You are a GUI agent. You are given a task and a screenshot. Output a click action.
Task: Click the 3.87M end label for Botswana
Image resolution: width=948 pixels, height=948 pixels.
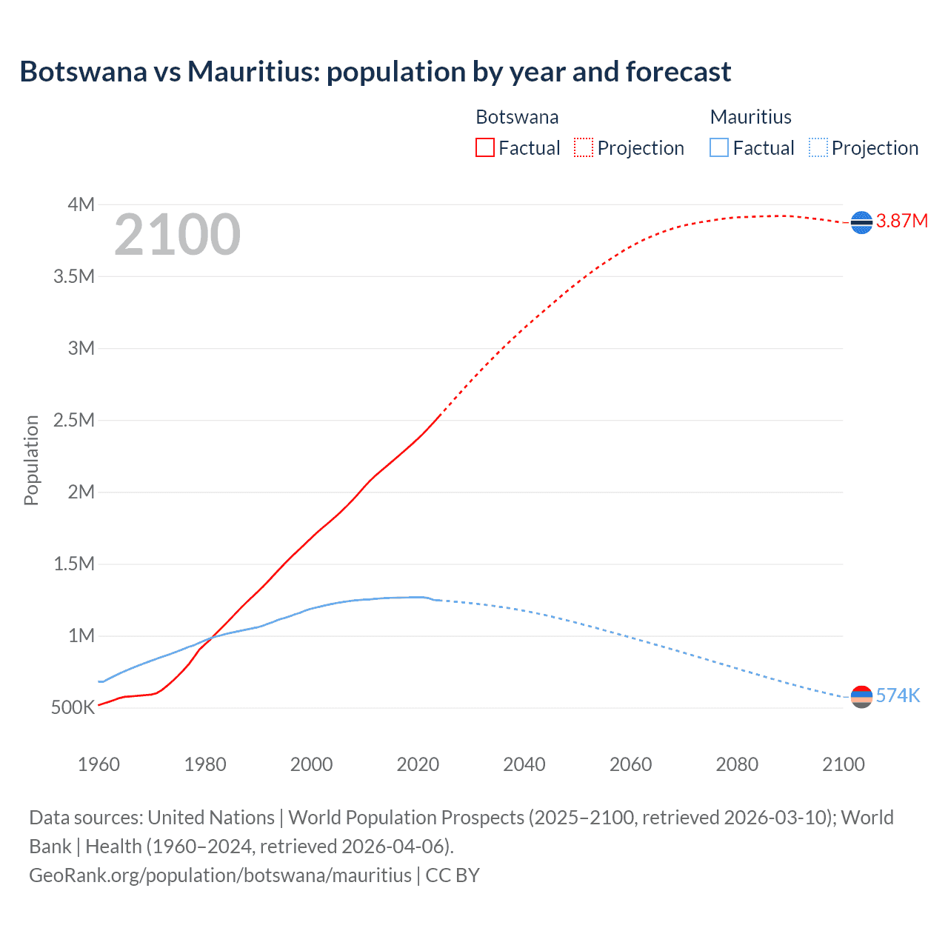coord(901,221)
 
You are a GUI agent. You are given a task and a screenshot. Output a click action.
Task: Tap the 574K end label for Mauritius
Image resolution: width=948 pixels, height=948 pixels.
coord(898,695)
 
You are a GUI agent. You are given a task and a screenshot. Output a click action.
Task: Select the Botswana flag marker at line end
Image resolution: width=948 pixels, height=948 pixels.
coord(861,222)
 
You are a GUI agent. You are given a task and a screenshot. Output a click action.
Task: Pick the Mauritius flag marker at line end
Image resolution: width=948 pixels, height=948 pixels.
coord(861,696)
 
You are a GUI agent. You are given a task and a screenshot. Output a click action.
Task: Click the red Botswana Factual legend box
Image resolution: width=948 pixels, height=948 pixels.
coord(485,147)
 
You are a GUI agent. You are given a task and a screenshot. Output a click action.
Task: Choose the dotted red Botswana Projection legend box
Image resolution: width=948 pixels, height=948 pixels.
coord(584,147)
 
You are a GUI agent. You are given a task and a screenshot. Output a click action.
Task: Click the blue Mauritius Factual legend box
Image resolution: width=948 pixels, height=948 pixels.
coord(719,147)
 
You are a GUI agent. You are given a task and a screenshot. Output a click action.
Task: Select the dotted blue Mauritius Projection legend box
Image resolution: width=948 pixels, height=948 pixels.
coord(818,147)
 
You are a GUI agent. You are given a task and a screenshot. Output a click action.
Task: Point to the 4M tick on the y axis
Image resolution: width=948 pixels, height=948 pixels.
coord(81,204)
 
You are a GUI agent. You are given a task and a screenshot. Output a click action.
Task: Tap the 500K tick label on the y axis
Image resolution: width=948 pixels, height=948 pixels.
coord(73,707)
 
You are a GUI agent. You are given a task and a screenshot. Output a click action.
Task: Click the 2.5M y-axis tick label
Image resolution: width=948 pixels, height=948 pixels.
coord(74,420)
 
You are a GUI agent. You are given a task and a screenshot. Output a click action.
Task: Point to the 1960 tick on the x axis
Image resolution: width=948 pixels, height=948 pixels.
coord(99,764)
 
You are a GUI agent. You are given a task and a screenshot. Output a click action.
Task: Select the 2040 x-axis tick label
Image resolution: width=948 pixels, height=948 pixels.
coord(524,764)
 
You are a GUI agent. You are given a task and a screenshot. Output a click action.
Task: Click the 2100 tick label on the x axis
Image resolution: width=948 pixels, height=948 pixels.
coord(843,764)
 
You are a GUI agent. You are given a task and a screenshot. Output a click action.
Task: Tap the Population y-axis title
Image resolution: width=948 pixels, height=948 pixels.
coord(31,460)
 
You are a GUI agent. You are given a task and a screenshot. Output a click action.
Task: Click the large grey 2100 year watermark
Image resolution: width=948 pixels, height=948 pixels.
coord(177,235)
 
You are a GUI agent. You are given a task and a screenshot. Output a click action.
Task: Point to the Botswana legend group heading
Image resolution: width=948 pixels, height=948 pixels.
coord(517,117)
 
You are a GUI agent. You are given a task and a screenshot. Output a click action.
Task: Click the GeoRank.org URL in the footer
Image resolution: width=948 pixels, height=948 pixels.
coord(220,875)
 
